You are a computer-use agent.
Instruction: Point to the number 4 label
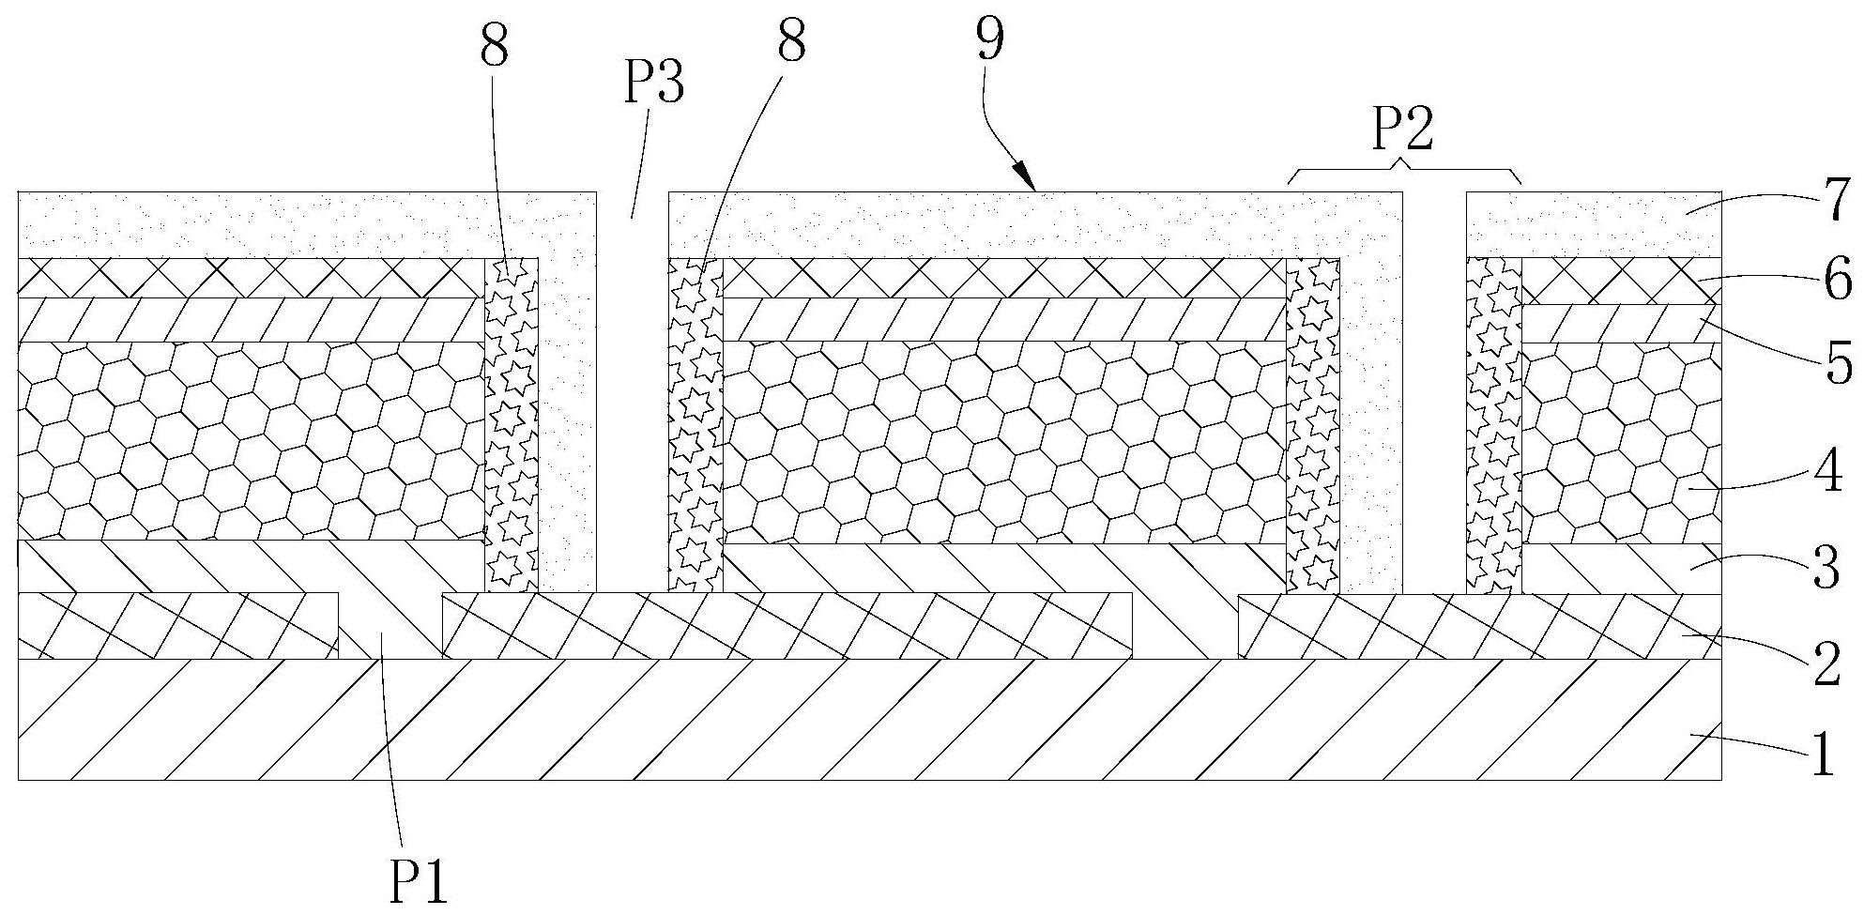coord(1826,474)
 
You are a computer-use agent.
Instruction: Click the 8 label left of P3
coord(495,44)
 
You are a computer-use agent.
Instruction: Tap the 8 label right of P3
coord(790,42)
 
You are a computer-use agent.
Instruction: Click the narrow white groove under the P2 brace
coord(1434,394)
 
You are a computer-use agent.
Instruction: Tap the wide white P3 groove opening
coord(632,394)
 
